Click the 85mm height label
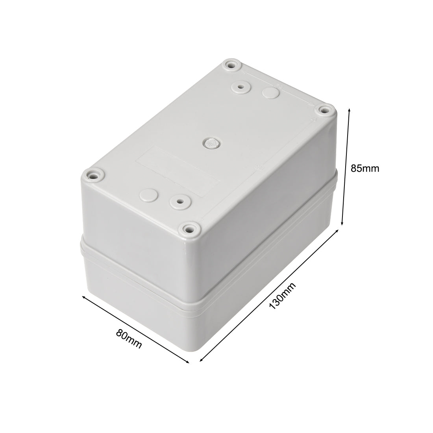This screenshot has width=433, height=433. pos(365,168)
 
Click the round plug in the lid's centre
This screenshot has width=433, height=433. pos(211,143)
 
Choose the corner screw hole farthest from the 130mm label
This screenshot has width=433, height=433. pos(230,66)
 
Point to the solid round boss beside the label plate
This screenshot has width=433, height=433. pos(148,194)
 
